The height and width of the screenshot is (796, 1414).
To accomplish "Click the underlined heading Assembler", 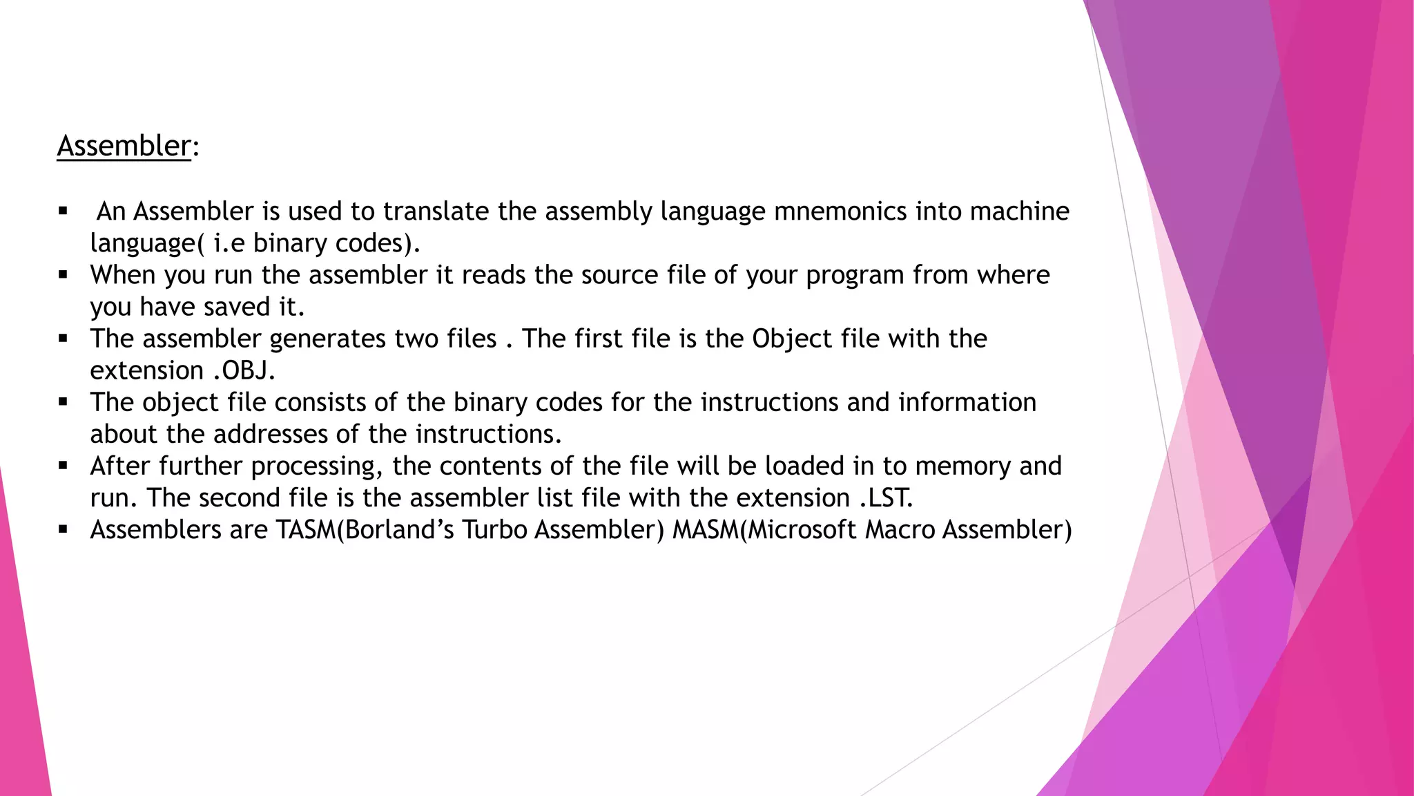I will (x=124, y=146).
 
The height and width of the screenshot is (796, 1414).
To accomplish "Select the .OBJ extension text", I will (x=244, y=371).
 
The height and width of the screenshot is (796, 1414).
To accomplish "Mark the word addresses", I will (x=270, y=434).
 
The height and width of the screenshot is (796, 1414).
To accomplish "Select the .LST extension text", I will (x=886, y=497).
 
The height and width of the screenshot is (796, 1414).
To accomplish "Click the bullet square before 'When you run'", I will (x=64, y=275).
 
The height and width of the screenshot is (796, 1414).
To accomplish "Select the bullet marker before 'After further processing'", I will (x=64, y=466).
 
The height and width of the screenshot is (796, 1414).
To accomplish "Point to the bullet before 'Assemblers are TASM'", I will (x=64, y=530).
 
